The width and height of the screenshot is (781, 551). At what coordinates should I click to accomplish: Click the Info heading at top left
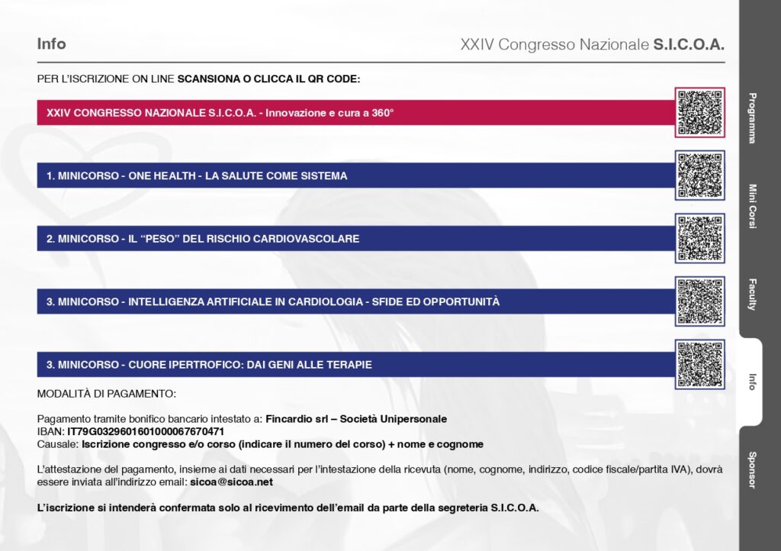(x=51, y=43)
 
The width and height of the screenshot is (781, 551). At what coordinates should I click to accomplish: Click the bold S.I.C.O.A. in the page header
(x=689, y=44)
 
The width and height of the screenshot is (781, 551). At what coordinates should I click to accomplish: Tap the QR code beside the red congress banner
(x=700, y=113)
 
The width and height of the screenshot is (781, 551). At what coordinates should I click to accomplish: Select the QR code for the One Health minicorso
(x=700, y=176)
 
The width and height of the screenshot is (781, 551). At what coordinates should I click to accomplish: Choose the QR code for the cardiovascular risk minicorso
(x=700, y=238)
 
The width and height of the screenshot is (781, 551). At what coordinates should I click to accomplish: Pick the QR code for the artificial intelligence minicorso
(x=700, y=301)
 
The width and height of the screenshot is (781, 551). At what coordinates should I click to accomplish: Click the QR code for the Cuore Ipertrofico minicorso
(x=700, y=364)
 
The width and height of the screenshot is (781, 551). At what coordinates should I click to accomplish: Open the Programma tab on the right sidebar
(x=752, y=118)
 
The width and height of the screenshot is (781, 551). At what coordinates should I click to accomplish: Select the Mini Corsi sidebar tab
(x=752, y=206)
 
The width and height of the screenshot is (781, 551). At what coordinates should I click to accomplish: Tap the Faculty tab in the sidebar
(x=752, y=295)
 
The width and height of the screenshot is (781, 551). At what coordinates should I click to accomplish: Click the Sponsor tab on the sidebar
(x=752, y=470)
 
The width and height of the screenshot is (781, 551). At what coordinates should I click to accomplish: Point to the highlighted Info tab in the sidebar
(x=752, y=382)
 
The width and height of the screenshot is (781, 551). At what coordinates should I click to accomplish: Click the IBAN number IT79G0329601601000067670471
(x=146, y=431)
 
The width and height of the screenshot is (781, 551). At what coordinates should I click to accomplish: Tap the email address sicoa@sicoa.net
(x=232, y=482)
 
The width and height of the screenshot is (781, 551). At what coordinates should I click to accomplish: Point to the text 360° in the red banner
(x=383, y=113)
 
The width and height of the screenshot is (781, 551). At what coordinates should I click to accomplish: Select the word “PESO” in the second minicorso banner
(x=159, y=239)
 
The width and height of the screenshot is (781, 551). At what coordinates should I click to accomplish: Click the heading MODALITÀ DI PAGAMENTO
(x=106, y=394)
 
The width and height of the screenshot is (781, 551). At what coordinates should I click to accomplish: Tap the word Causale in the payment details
(x=56, y=444)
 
